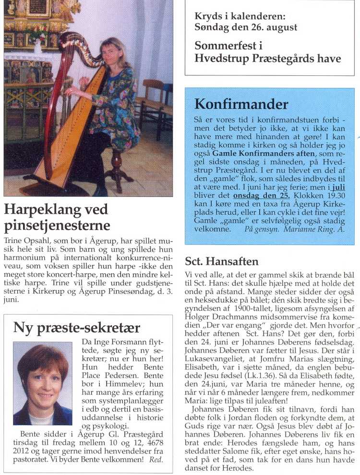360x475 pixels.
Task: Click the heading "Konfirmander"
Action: point(241,104)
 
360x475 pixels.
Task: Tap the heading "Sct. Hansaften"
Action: point(222,261)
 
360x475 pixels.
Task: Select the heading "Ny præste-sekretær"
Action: point(77,328)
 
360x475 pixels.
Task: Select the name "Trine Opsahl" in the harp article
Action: point(24,239)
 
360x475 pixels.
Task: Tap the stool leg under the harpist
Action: point(117,172)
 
